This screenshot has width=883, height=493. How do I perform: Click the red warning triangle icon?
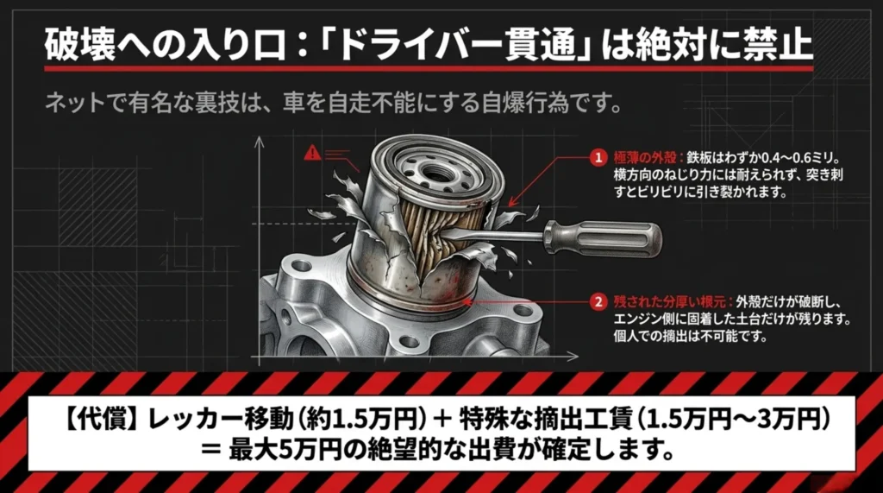pyautogui.click(x=311, y=154)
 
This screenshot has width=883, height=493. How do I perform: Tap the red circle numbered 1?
pyautogui.click(x=596, y=158)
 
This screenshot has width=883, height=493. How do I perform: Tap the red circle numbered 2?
pyautogui.click(x=596, y=302)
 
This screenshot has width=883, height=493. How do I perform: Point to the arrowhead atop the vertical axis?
pyautogui.click(x=257, y=141)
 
